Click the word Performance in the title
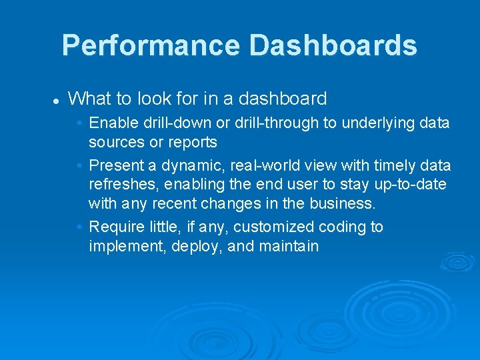tap(151, 45)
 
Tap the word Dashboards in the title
tap(333, 45)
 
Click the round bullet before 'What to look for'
tap(57, 101)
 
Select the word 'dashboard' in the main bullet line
tap(282, 99)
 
